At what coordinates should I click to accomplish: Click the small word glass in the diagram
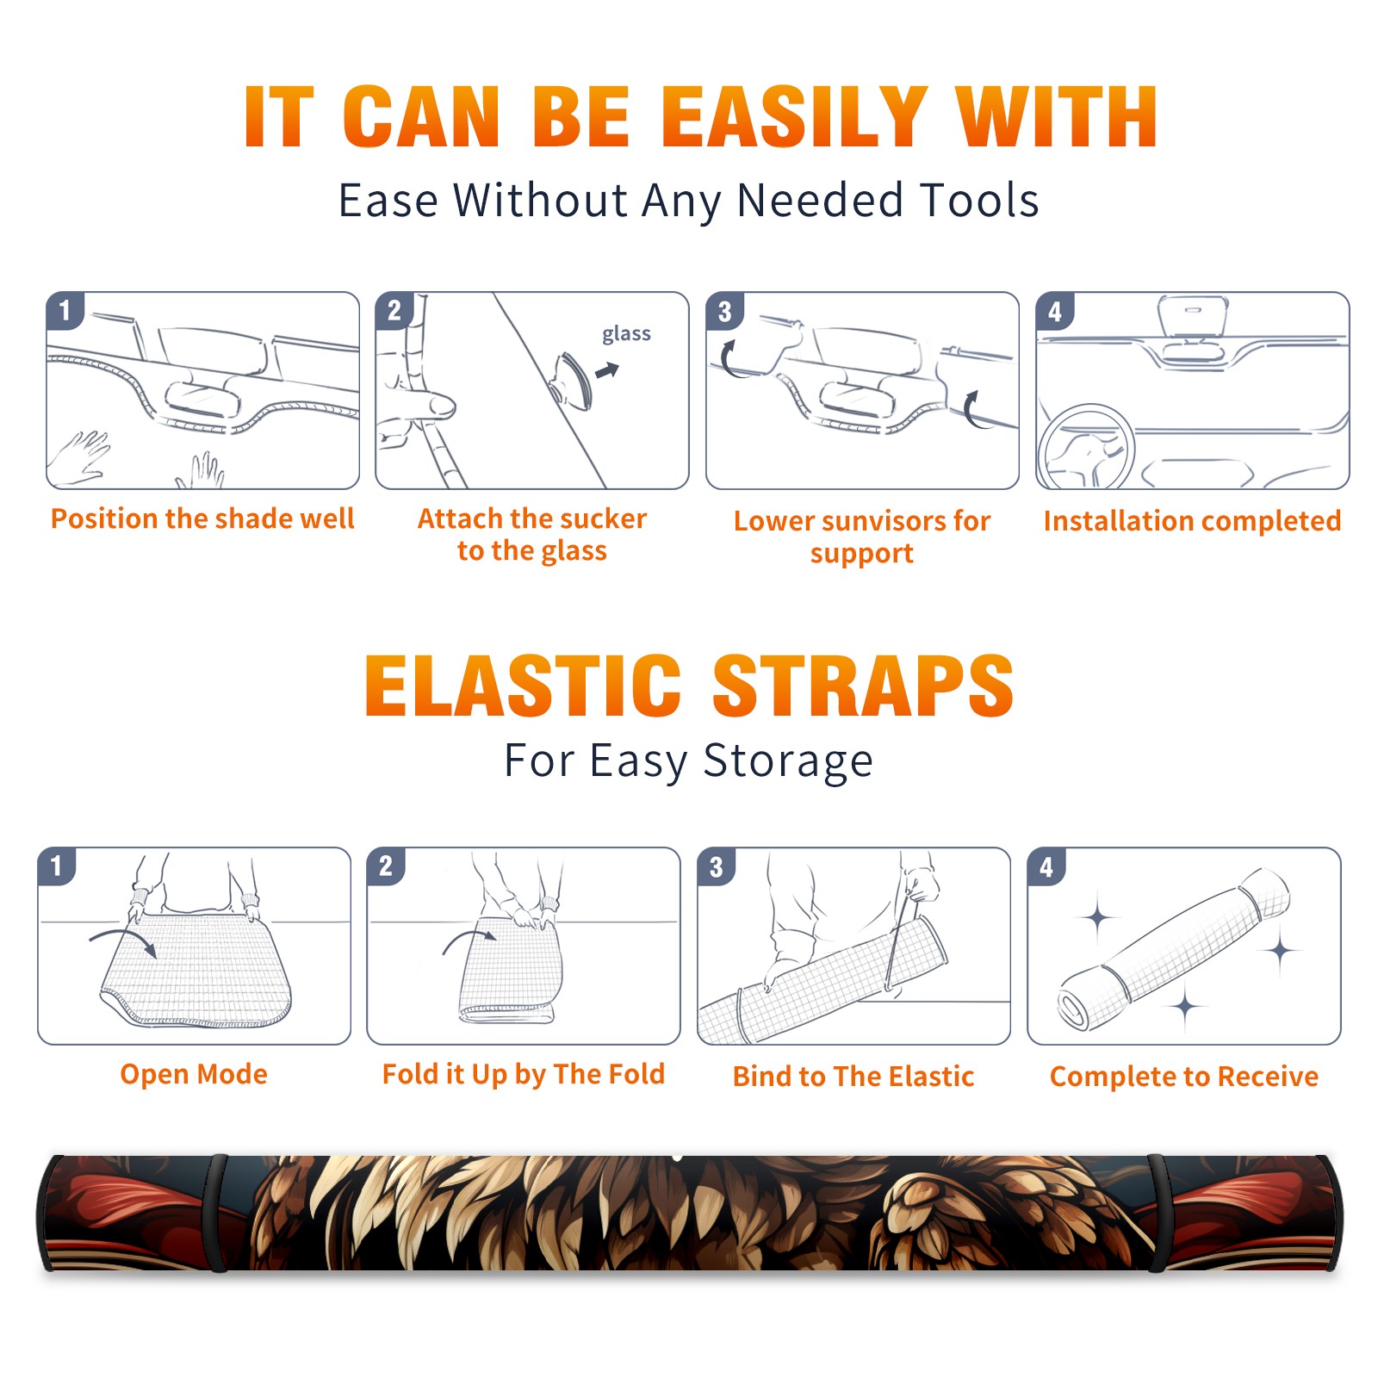point(626,334)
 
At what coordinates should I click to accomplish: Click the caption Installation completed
point(1192,520)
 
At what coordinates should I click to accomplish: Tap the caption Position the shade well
point(202,518)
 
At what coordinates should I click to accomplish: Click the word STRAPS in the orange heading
point(863,686)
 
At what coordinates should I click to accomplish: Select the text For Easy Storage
point(688,761)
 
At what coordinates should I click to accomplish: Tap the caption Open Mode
point(194,1074)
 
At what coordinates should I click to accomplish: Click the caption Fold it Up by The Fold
point(524,1074)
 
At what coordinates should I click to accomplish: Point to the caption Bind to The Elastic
point(853,1077)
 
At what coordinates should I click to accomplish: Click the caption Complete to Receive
point(1184,1077)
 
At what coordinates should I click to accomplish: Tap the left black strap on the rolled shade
point(216,1214)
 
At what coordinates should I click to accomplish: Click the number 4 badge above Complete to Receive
point(1046,866)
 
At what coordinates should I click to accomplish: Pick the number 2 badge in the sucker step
point(394,311)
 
